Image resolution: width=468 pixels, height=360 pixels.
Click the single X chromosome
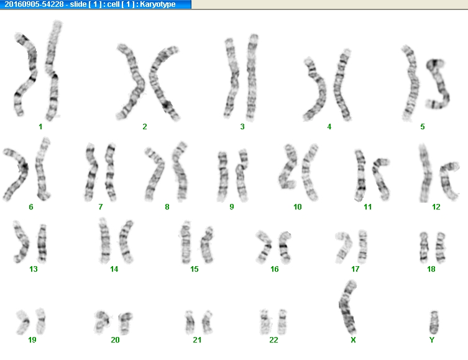(347, 308)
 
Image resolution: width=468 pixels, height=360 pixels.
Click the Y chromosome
(434, 323)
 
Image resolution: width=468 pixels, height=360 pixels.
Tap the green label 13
(34, 269)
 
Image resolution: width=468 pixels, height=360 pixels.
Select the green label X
(353, 339)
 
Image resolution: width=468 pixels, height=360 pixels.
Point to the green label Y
(432, 339)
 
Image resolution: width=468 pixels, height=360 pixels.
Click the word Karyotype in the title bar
(158, 4)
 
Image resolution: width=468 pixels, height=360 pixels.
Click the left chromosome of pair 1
(25, 75)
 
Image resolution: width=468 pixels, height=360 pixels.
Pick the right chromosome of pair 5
(438, 84)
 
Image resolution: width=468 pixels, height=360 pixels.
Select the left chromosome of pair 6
(16, 174)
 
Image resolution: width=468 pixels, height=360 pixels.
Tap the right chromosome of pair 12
(448, 180)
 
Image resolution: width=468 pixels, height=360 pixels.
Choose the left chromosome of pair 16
(264, 247)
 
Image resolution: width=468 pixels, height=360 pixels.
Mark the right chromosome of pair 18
(440, 247)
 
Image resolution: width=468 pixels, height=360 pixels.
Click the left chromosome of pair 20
(101, 322)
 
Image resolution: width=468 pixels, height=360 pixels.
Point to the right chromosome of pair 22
(282, 322)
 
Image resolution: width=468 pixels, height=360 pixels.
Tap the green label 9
(232, 207)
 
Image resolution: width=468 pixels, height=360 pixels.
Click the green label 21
(197, 339)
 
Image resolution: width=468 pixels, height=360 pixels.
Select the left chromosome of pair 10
(288, 167)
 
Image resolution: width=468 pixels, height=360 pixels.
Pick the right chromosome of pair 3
(252, 78)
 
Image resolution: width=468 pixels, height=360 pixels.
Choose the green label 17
(355, 269)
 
